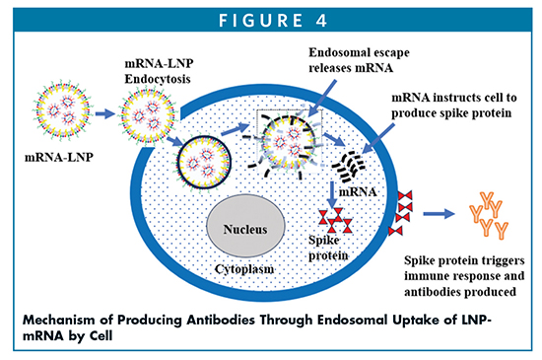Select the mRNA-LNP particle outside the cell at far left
60,110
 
